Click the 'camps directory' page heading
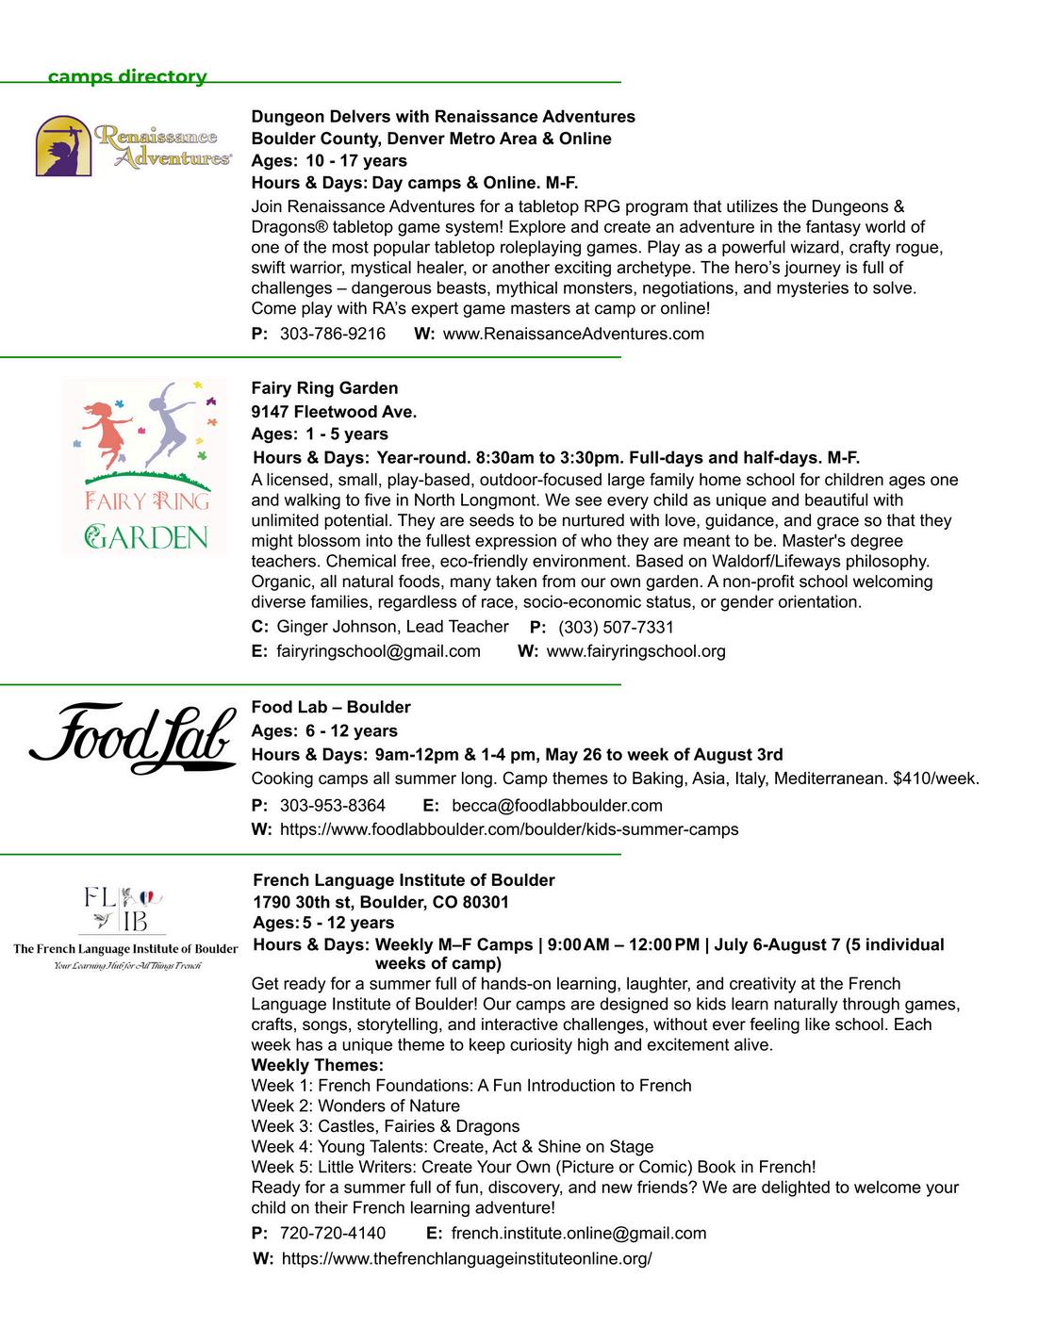[x=127, y=76]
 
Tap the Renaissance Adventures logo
[x=134, y=147]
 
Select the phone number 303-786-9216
[x=333, y=334]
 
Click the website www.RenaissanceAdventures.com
[x=573, y=334]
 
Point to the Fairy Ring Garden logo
[x=145, y=467]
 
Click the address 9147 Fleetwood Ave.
[x=334, y=412]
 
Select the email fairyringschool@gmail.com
[x=378, y=651]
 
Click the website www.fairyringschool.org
[x=635, y=651]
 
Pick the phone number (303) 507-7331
[x=616, y=628]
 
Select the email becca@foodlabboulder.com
[x=557, y=806]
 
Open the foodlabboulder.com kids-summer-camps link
[x=509, y=829]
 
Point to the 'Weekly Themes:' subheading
[x=317, y=1065]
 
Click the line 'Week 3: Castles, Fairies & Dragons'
[x=385, y=1126]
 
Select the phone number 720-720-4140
[x=333, y=1233]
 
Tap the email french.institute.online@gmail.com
[x=579, y=1233]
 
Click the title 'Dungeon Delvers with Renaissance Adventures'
[x=443, y=117]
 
